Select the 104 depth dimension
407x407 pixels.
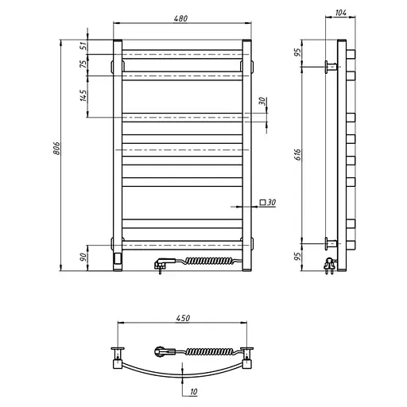340,14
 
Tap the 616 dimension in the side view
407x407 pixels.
297,153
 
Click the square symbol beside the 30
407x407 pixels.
263,203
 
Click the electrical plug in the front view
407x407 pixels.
160,264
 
